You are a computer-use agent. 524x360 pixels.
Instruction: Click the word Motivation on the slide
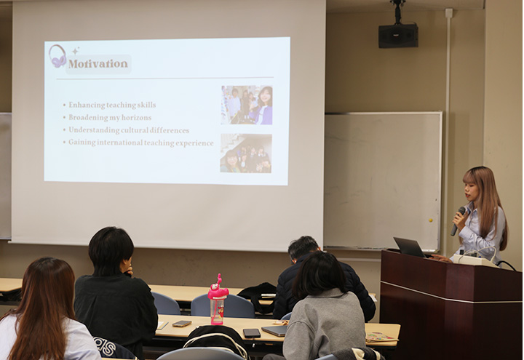click(x=98, y=64)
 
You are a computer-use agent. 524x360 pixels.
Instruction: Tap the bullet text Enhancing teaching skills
click(x=112, y=105)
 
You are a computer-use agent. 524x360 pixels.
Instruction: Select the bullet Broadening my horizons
click(x=110, y=118)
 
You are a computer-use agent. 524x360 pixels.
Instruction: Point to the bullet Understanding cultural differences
click(x=129, y=130)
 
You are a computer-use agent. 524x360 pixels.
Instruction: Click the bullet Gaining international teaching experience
click(x=140, y=143)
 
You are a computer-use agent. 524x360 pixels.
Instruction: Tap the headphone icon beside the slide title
click(x=57, y=57)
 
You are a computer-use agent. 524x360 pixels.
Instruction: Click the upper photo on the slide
click(x=247, y=105)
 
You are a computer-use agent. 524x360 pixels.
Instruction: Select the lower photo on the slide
click(x=246, y=153)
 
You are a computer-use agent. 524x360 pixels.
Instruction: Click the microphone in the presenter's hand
click(x=458, y=221)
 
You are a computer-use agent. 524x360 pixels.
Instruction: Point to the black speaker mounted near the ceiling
click(x=398, y=36)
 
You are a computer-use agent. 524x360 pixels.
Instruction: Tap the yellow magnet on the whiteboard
click(x=430, y=220)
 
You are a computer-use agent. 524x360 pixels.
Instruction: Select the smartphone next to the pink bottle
click(x=182, y=323)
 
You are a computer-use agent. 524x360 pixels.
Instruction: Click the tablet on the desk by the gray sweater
click(x=274, y=331)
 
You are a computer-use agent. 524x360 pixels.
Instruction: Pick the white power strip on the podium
click(x=474, y=260)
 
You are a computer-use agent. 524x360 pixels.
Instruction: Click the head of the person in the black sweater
click(x=111, y=251)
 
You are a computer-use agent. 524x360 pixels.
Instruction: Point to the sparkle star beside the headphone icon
click(x=76, y=51)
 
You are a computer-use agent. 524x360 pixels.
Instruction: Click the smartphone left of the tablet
click(x=252, y=333)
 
